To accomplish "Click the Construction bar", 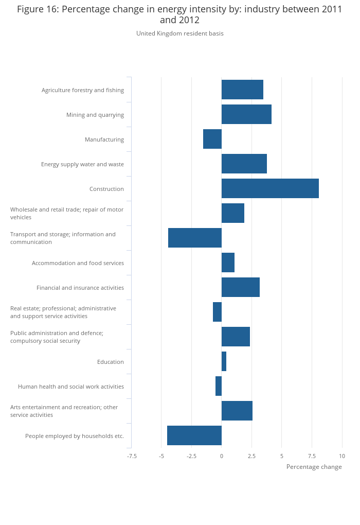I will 270,188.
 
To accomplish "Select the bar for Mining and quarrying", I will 246,114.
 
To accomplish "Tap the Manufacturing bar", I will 212,139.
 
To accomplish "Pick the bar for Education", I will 224,361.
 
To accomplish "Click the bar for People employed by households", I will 194,435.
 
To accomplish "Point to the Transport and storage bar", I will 195,238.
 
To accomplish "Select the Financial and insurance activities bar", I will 240,287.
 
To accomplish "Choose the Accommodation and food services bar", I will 228,262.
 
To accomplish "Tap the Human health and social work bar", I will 219,386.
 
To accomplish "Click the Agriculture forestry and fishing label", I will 83,90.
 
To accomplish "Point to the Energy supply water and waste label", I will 82,164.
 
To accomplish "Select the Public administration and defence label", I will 57,337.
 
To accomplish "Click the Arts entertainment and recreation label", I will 64,411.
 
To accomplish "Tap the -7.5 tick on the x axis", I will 132,456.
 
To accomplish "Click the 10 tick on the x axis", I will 342,456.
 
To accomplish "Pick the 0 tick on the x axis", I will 222,456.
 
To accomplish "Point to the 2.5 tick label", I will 251,456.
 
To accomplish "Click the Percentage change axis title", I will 314,467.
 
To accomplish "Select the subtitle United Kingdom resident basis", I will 180,33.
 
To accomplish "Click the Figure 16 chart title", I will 180,14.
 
